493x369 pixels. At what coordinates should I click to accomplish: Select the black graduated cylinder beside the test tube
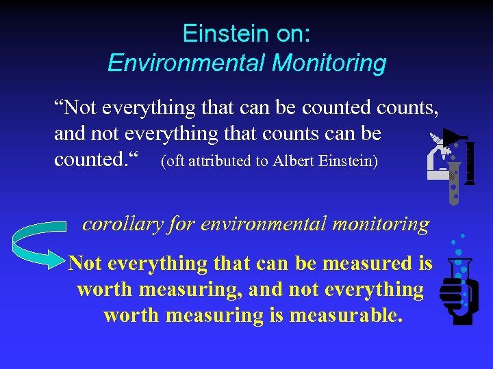click(470, 164)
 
